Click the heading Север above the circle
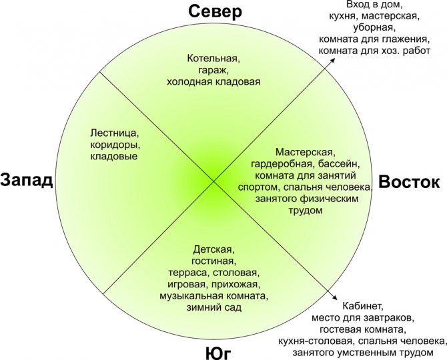click(215, 12)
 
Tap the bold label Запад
click(27, 180)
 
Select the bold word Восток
click(408, 182)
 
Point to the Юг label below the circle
click(218, 353)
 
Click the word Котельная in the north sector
click(213, 59)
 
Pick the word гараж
click(213, 71)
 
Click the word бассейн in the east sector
click(339, 164)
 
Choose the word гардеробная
click(283, 165)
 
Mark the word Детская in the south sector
click(213, 250)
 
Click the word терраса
click(187, 273)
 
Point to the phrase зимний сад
click(213, 307)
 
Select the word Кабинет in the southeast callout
click(362, 306)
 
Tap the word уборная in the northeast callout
click(374, 28)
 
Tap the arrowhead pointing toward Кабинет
click(334, 297)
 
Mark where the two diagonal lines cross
click(213, 181)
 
